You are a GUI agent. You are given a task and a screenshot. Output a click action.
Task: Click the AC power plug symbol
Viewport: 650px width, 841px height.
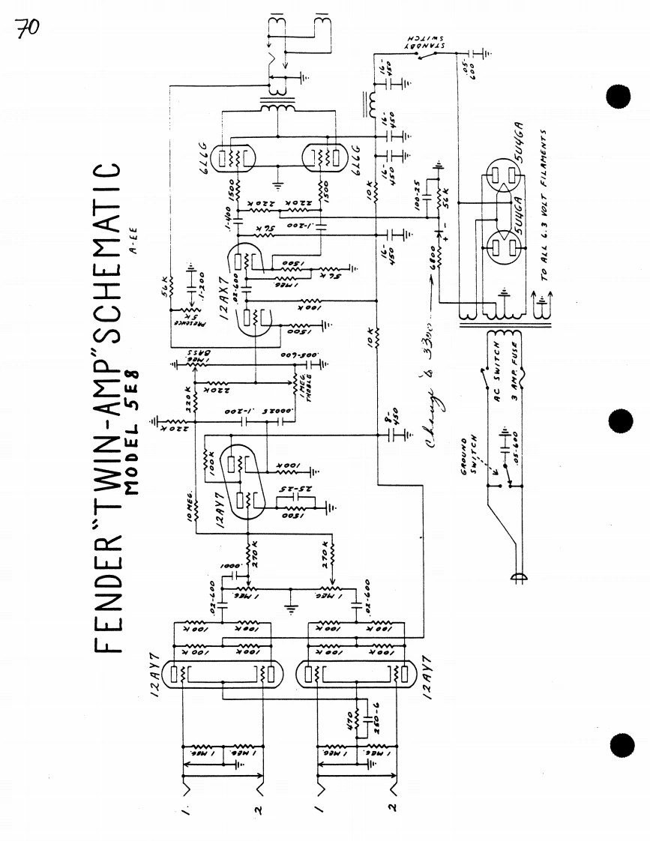[x=516, y=578]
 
